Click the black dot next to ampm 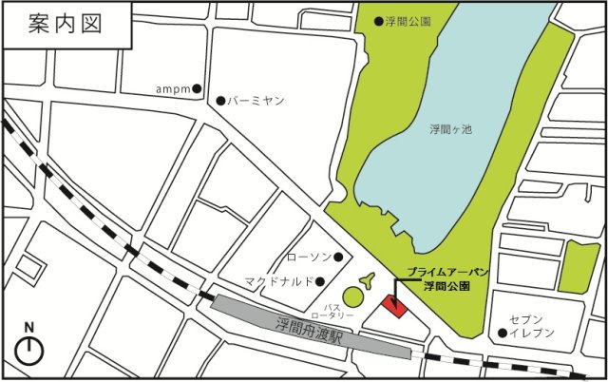point(197,89)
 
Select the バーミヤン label point(252,101)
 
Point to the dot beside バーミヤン point(220,101)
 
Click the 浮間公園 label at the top point(409,20)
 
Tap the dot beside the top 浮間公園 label point(378,20)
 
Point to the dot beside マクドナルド point(320,280)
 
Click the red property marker point(393,306)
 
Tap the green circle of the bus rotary point(352,297)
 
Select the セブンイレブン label point(524,328)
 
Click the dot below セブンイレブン point(502,333)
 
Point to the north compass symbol point(30,348)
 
